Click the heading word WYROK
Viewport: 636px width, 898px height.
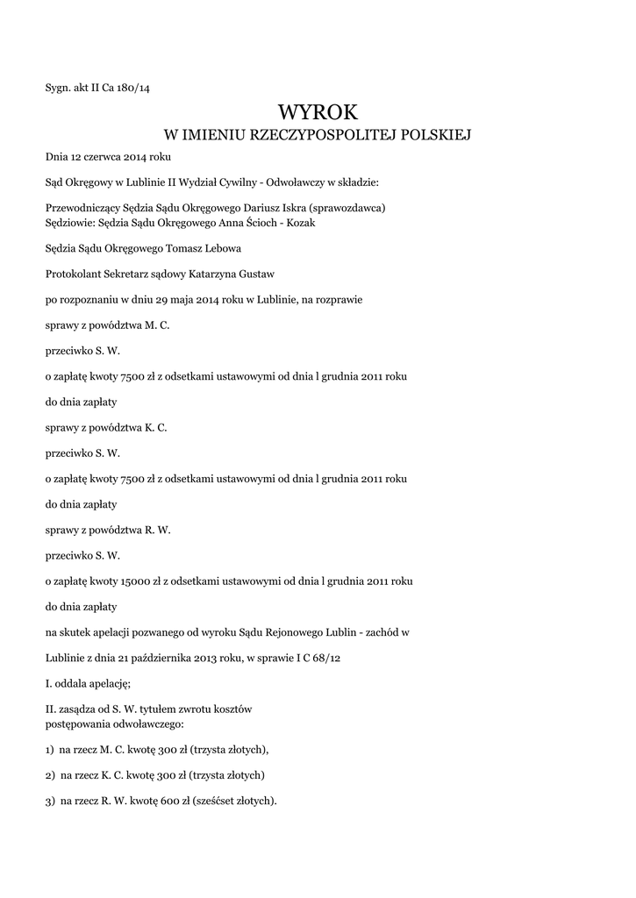click(x=318, y=111)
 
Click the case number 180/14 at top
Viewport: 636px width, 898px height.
click(x=144, y=86)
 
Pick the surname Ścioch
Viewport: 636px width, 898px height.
click(x=268, y=223)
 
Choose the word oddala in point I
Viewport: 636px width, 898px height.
click(x=74, y=682)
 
